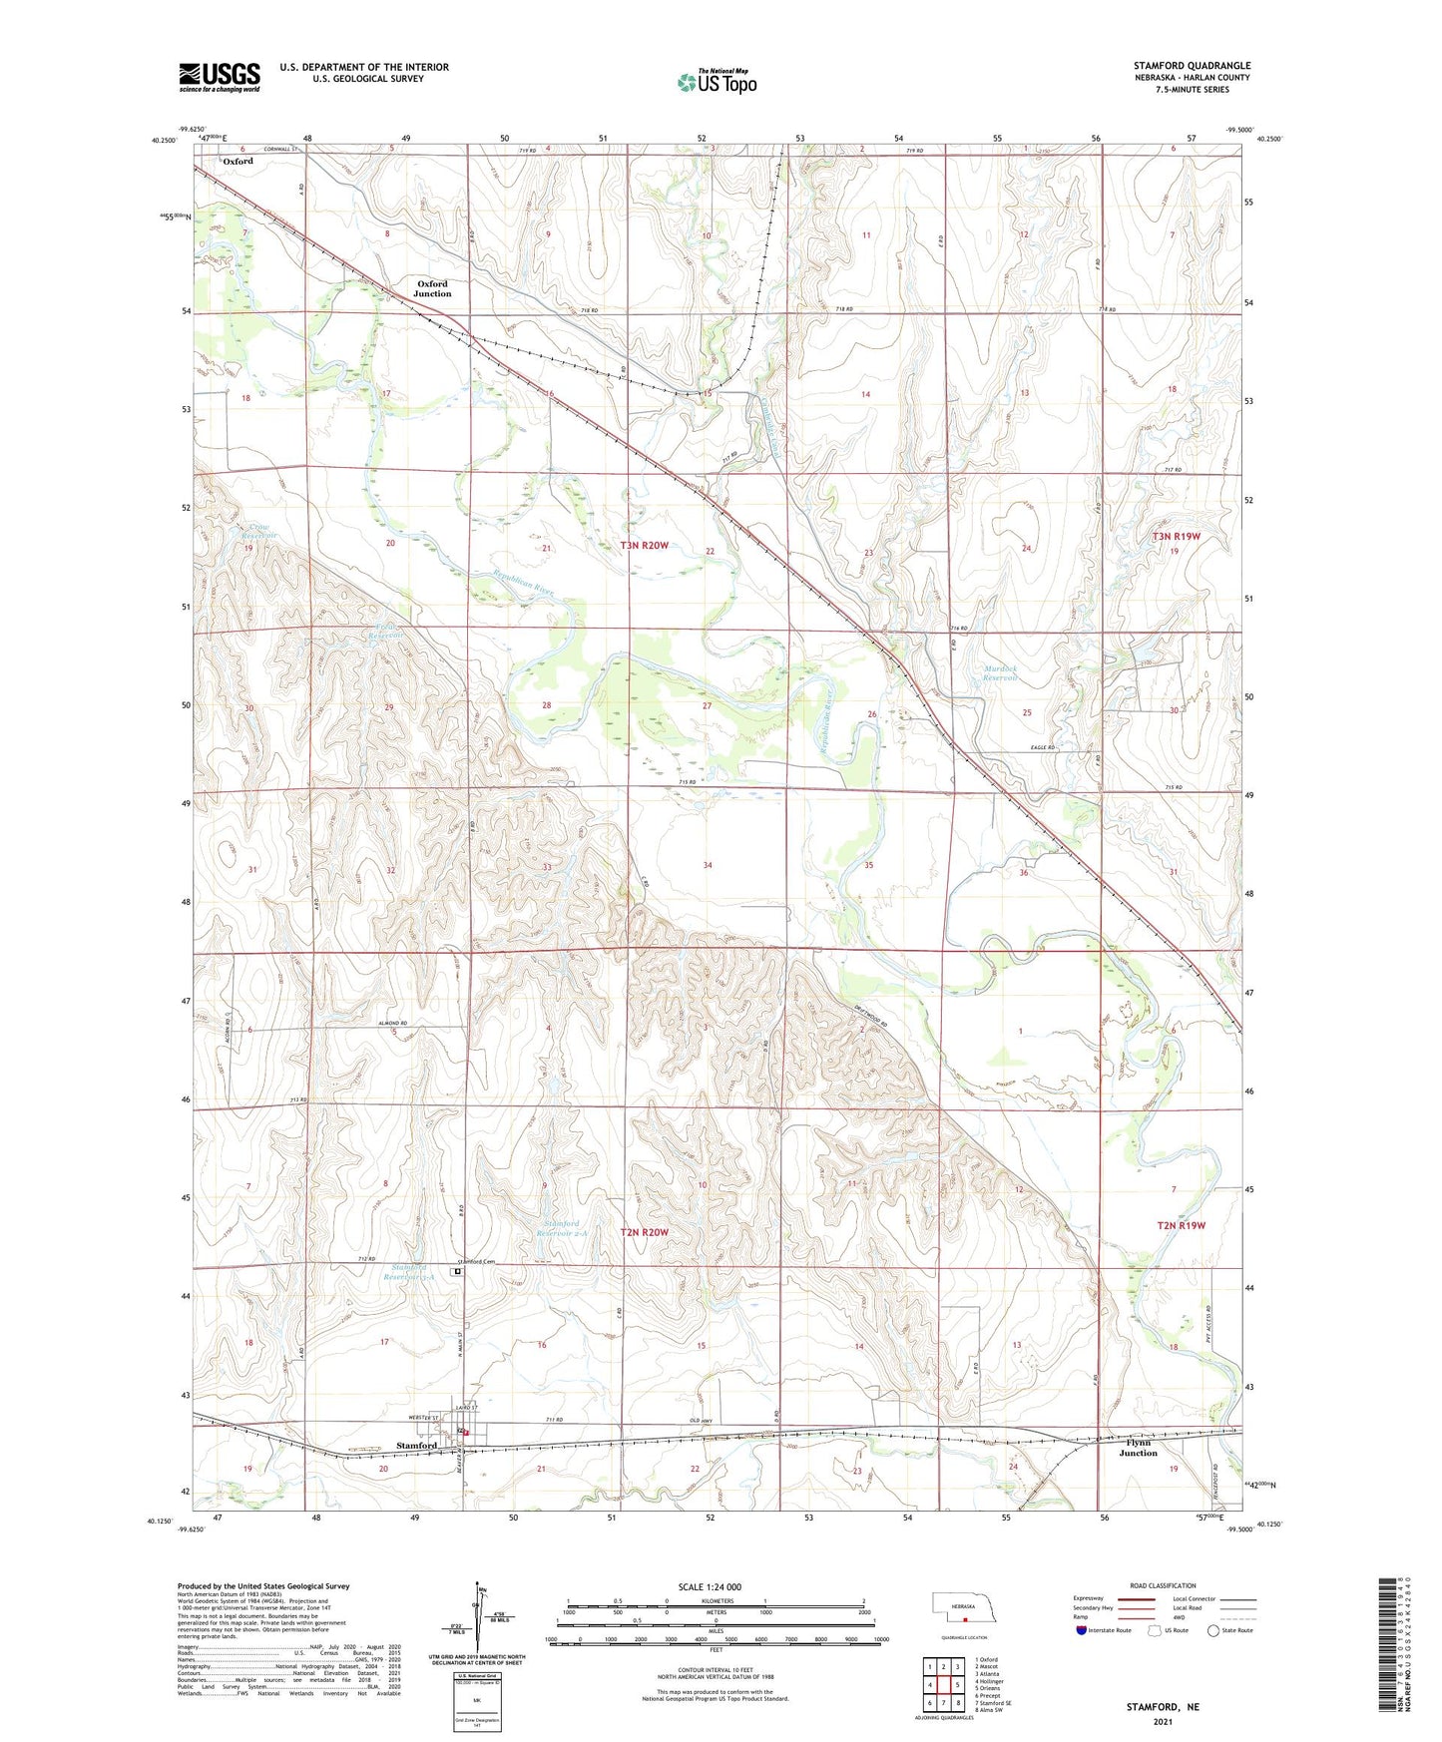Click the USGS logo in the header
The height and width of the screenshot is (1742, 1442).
220,77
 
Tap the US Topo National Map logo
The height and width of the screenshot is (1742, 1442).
716,82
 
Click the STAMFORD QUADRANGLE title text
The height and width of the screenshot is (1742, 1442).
1192,65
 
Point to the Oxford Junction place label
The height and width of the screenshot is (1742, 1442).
432,288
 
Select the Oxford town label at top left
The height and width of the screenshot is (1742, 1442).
238,161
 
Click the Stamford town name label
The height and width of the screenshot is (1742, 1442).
416,1446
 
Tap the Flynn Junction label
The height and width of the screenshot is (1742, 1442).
1138,1448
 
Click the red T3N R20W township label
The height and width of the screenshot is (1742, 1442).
644,546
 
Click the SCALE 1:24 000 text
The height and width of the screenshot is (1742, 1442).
710,1586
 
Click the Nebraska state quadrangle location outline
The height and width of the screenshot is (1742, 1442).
963,1608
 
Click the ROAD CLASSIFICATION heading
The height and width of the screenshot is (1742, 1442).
1163,1585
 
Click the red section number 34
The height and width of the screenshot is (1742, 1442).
708,865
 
